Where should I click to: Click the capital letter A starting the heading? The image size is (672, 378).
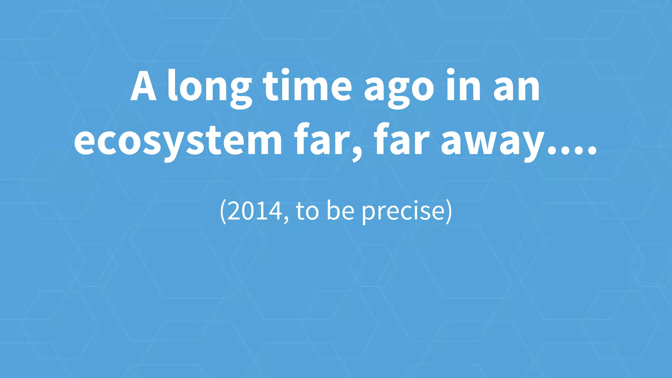143,86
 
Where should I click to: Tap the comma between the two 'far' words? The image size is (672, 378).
356,154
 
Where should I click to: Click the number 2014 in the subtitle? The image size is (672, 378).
255,211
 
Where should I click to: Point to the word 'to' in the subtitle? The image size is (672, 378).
307,211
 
